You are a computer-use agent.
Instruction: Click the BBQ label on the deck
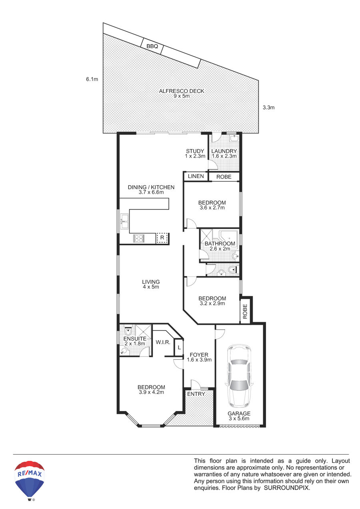[x=152, y=46]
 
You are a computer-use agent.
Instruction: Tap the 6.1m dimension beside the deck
[x=92, y=79]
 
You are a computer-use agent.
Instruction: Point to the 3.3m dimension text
[x=268, y=108]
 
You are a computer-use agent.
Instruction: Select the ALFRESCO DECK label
[x=182, y=91]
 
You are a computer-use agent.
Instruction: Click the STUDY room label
[x=195, y=151]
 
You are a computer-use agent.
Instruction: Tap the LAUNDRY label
[x=224, y=151]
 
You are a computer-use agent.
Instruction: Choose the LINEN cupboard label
[x=196, y=176]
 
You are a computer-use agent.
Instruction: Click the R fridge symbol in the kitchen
[x=162, y=238]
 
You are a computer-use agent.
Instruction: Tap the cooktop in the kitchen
[x=139, y=238]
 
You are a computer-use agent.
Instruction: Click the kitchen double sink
[x=124, y=221]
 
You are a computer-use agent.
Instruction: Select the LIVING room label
[x=151, y=282]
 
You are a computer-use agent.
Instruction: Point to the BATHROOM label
[x=220, y=244]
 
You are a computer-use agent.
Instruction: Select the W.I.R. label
[x=163, y=342]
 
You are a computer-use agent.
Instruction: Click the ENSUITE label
[x=135, y=339]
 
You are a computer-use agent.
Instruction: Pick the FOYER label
[x=199, y=355]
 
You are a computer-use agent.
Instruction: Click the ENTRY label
[x=196, y=394]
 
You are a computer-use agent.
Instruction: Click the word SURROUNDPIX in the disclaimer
[x=287, y=488]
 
